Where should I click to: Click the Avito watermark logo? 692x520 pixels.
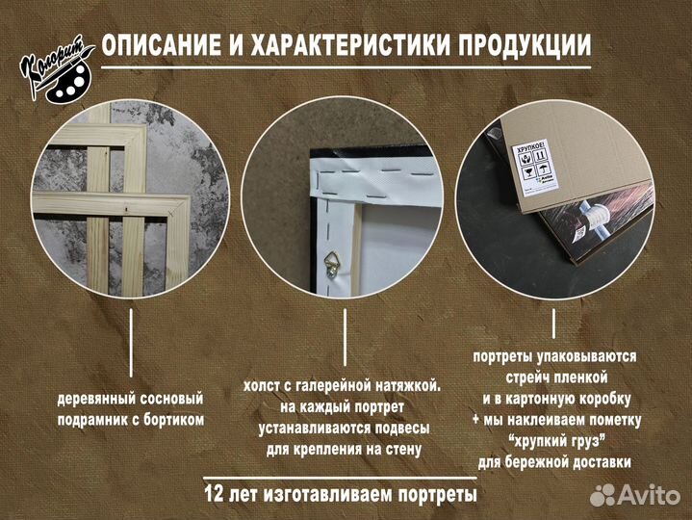tap(634, 495)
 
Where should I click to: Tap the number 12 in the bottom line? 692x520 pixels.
tap(216, 495)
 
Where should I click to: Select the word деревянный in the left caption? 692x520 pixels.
tap(95, 398)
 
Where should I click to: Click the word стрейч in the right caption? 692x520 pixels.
tap(529, 377)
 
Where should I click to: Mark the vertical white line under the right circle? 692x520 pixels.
tap(554, 327)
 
